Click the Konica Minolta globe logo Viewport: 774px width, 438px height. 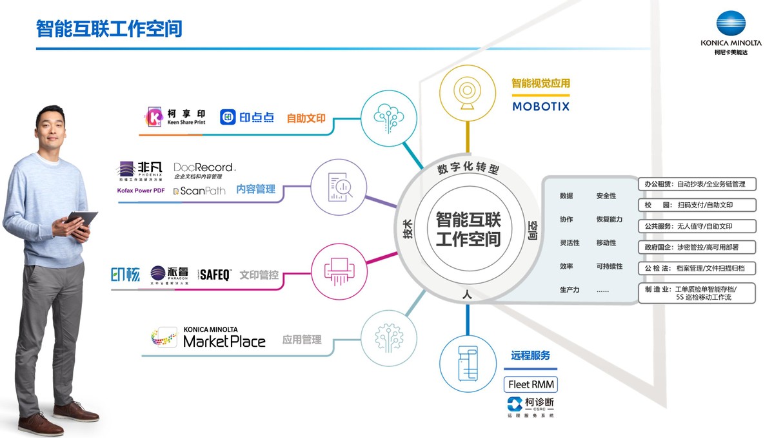click(731, 25)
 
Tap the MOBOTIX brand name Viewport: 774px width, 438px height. click(541, 106)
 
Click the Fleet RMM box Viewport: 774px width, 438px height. click(531, 384)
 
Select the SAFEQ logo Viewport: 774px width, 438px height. click(215, 275)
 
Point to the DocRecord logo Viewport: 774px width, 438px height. click(204, 167)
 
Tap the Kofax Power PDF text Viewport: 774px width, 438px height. click(141, 191)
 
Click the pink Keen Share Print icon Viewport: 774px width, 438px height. click(155, 117)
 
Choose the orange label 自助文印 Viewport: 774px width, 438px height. click(306, 119)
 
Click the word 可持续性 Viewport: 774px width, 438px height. click(610, 266)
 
